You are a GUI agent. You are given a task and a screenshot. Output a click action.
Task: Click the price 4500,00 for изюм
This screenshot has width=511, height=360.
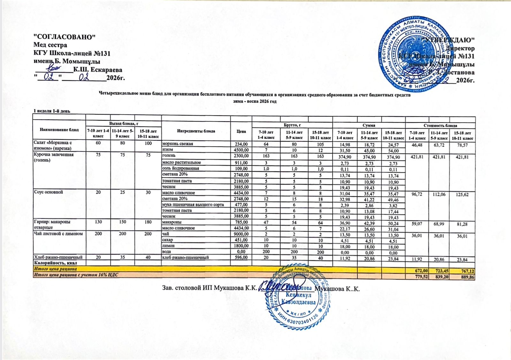pyautogui.click(x=241, y=150)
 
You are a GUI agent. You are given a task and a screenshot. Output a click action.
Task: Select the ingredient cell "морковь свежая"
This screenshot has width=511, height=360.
pyautogui.click(x=178, y=144)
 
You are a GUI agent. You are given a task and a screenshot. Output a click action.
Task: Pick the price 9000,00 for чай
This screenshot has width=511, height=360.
pyautogui.click(x=241, y=234)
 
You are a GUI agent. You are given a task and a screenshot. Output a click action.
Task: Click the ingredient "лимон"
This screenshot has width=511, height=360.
pyautogui.click(x=168, y=246)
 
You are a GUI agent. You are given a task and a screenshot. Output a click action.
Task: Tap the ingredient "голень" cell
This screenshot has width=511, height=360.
pyautogui.click(x=169, y=155)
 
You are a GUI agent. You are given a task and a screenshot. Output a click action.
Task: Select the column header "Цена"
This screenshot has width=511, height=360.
pyautogui.click(x=241, y=131)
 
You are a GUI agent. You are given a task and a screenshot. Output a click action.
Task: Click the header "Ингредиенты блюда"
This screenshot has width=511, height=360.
pyautogui.click(x=196, y=131)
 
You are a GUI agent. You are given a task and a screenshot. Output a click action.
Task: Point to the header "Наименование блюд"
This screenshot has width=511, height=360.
pyautogui.click(x=59, y=130)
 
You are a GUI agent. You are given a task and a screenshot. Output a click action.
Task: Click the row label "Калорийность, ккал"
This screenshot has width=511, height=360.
pyautogui.click(x=54, y=263)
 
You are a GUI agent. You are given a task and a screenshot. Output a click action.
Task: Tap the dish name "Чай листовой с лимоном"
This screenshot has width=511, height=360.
pyautogui.click(x=58, y=234)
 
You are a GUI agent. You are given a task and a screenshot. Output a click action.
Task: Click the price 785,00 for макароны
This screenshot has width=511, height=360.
pyautogui.click(x=241, y=222)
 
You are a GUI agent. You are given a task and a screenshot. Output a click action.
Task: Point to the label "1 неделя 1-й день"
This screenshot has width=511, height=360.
pyautogui.click(x=52, y=111)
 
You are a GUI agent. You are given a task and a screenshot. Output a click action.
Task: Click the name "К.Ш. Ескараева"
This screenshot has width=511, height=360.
pyautogui.click(x=97, y=70)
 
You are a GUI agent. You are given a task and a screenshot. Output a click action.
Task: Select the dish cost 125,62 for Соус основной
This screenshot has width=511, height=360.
pyautogui.click(x=462, y=194)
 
